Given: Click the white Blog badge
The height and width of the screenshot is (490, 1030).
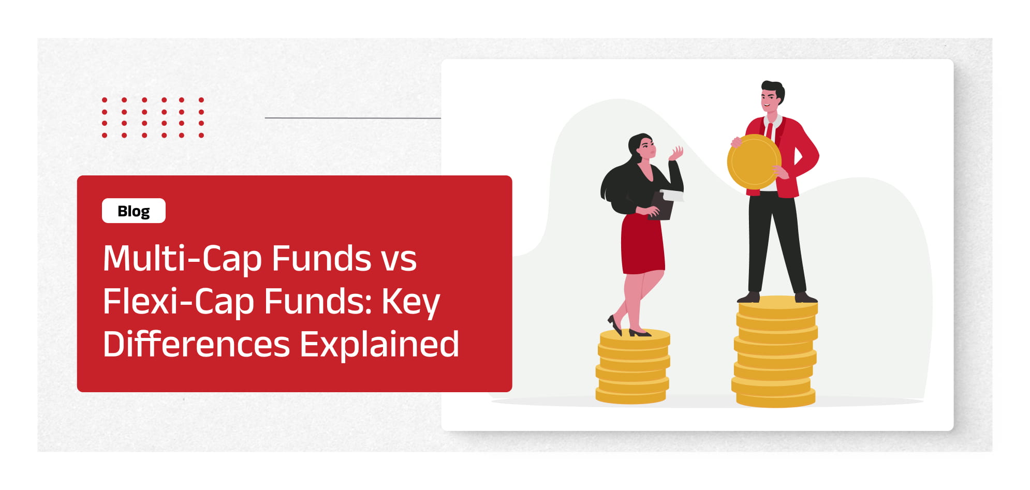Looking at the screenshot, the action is (134, 211).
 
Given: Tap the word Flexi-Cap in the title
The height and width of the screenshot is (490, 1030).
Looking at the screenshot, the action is (179, 302).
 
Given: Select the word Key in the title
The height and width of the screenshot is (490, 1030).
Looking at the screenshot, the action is (411, 303).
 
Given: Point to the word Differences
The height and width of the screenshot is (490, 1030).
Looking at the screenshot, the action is (197, 344).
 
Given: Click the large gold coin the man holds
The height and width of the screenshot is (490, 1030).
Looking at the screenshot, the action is (754, 161).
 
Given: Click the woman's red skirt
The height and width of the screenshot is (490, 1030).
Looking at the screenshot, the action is (642, 244).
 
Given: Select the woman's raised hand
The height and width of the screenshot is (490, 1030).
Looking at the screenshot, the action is (676, 153).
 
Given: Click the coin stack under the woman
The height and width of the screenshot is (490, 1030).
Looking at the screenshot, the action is (633, 366).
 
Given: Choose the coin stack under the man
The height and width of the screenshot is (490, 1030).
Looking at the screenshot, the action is (775, 351).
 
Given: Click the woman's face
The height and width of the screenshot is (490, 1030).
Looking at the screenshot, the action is (646, 149).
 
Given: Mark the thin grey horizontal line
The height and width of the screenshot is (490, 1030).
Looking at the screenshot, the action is (352, 118).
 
